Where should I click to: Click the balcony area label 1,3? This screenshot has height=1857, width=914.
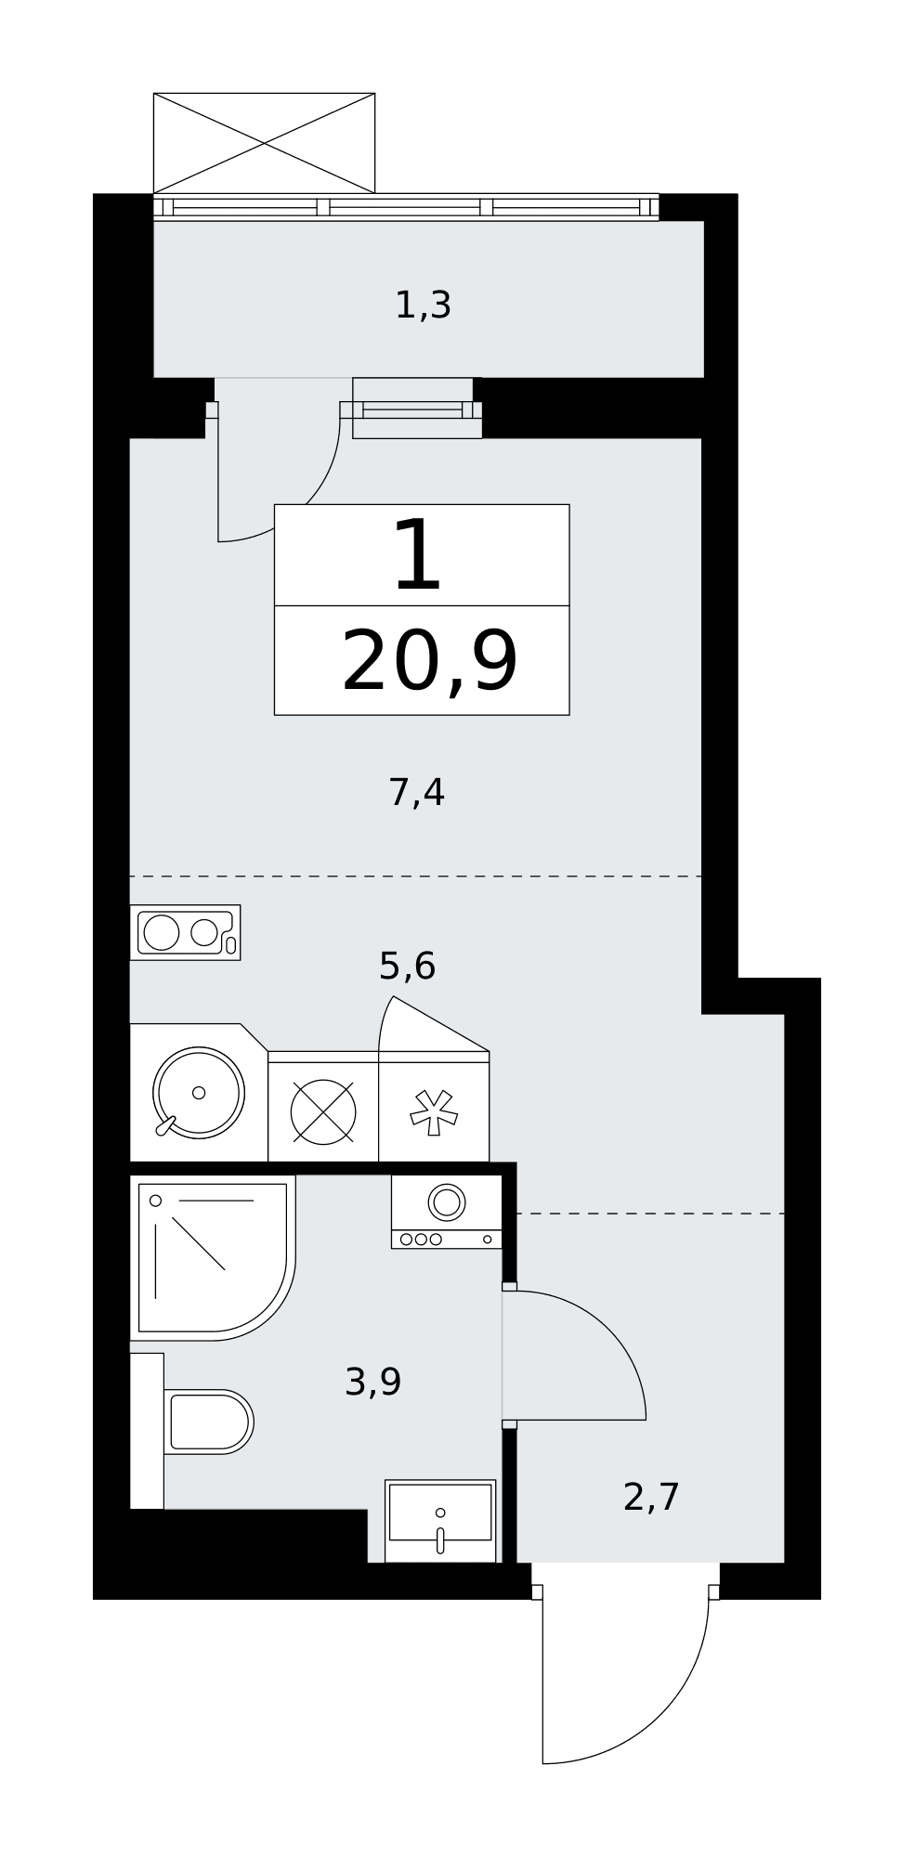pyautogui.click(x=423, y=305)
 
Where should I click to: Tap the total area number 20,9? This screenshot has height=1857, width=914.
pyautogui.click(x=429, y=662)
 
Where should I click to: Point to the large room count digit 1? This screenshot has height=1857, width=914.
pyautogui.click(x=417, y=554)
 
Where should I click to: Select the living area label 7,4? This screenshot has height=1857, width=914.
pyautogui.click(x=416, y=793)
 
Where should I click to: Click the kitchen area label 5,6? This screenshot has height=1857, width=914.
pyautogui.click(x=407, y=967)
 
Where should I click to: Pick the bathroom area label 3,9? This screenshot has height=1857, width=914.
pyautogui.click(x=372, y=1383)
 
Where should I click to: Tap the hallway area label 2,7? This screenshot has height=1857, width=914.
pyautogui.click(x=651, y=1498)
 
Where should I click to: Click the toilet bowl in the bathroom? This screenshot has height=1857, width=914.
pyautogui.click(x=208, y=1422)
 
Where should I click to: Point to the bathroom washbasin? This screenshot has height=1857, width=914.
pyautogui.click(x=440, y=1520)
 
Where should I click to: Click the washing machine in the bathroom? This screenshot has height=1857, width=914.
pyautogui.click(x=447, y=1212)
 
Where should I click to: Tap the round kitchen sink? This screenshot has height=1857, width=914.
pyautogui.click(x=198, y=1093)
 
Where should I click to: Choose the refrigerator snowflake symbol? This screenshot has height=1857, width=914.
pyautogui.click(x=434, y=1111)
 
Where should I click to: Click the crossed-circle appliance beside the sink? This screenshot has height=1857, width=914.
pyautogui.click(x=323, y=1111)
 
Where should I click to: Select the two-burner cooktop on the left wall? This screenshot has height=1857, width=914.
pyautogui.click(x=185, y=932)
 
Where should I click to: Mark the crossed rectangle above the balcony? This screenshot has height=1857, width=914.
pyautogui.click(x=264, y=143)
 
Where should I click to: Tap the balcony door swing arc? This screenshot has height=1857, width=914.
pyautogui.click(x=311, y=501)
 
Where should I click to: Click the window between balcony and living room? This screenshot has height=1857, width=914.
pyautogui.click(x=417, y=409)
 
